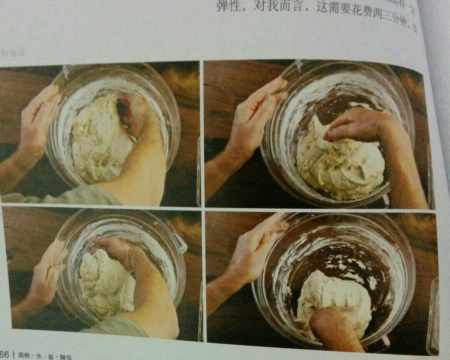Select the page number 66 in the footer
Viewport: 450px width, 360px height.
pos(4,355)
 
